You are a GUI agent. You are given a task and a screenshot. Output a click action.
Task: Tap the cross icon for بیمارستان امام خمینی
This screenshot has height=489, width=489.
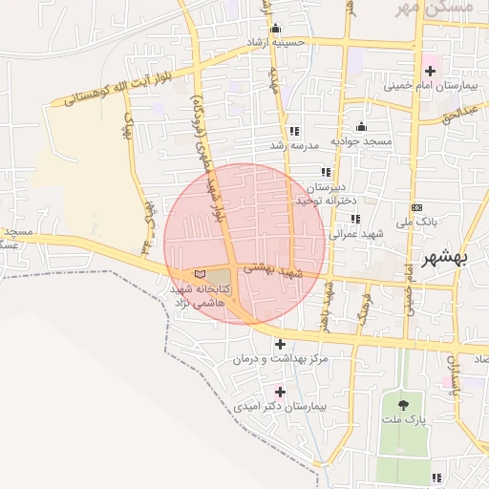tap(430, 71)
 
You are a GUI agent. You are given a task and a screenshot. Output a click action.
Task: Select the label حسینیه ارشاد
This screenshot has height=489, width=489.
tap(276, 42)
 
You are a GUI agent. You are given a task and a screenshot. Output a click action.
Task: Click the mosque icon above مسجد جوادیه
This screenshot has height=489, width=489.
tap(361, 127)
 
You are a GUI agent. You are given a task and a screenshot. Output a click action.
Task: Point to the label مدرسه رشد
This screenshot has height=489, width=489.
tap(292, 145)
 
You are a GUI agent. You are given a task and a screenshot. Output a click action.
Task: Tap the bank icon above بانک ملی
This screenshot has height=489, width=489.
tap(416, 207)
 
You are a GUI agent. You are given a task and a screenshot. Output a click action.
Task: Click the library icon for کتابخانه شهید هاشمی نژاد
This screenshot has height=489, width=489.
tap(200, 274)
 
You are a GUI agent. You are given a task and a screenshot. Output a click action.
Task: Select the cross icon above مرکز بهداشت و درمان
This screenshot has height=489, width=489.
tap(280, 344)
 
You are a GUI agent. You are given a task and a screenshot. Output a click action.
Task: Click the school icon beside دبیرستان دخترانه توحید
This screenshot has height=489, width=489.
tap(326, 173)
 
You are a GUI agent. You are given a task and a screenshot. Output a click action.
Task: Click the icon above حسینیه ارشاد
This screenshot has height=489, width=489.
tap(276, 28)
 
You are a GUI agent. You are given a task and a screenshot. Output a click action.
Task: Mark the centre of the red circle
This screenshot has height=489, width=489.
tap(244, 244)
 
